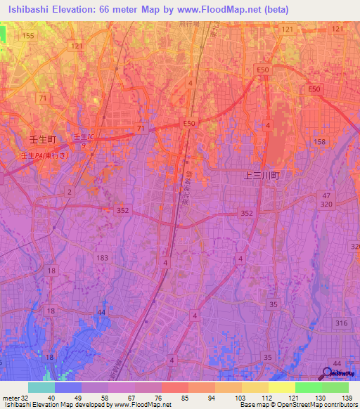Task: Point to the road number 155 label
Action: (27, 35)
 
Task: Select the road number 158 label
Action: (320, 142)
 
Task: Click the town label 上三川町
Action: (262, 177)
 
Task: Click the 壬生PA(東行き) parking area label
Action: (45, 155)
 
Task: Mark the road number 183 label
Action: (103, 258)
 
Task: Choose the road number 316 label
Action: (341, 323)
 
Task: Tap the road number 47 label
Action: (325, 195)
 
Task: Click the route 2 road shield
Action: (69, 191)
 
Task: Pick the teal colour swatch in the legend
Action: (41, 387)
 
